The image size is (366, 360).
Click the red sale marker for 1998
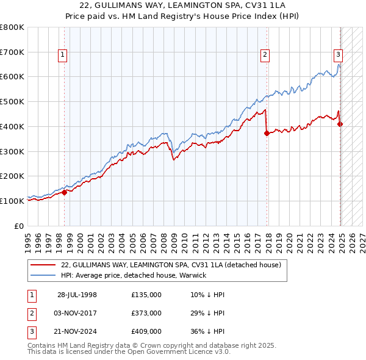pyautogui.click(x=64, y=192)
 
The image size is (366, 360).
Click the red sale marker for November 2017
pyautogui.click(x=267, y=133)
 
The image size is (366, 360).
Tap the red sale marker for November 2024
pyautogui.click(x=340, y=124)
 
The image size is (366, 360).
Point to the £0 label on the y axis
pyautogui.click(x=19, y=226)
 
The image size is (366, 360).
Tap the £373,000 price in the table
pyautogui.click(x=146, y=313)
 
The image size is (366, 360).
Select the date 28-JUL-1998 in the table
pyautogui.click(x=77, y=295)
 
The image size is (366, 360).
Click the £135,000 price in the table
pyautogui.click(x=146, y=295)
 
